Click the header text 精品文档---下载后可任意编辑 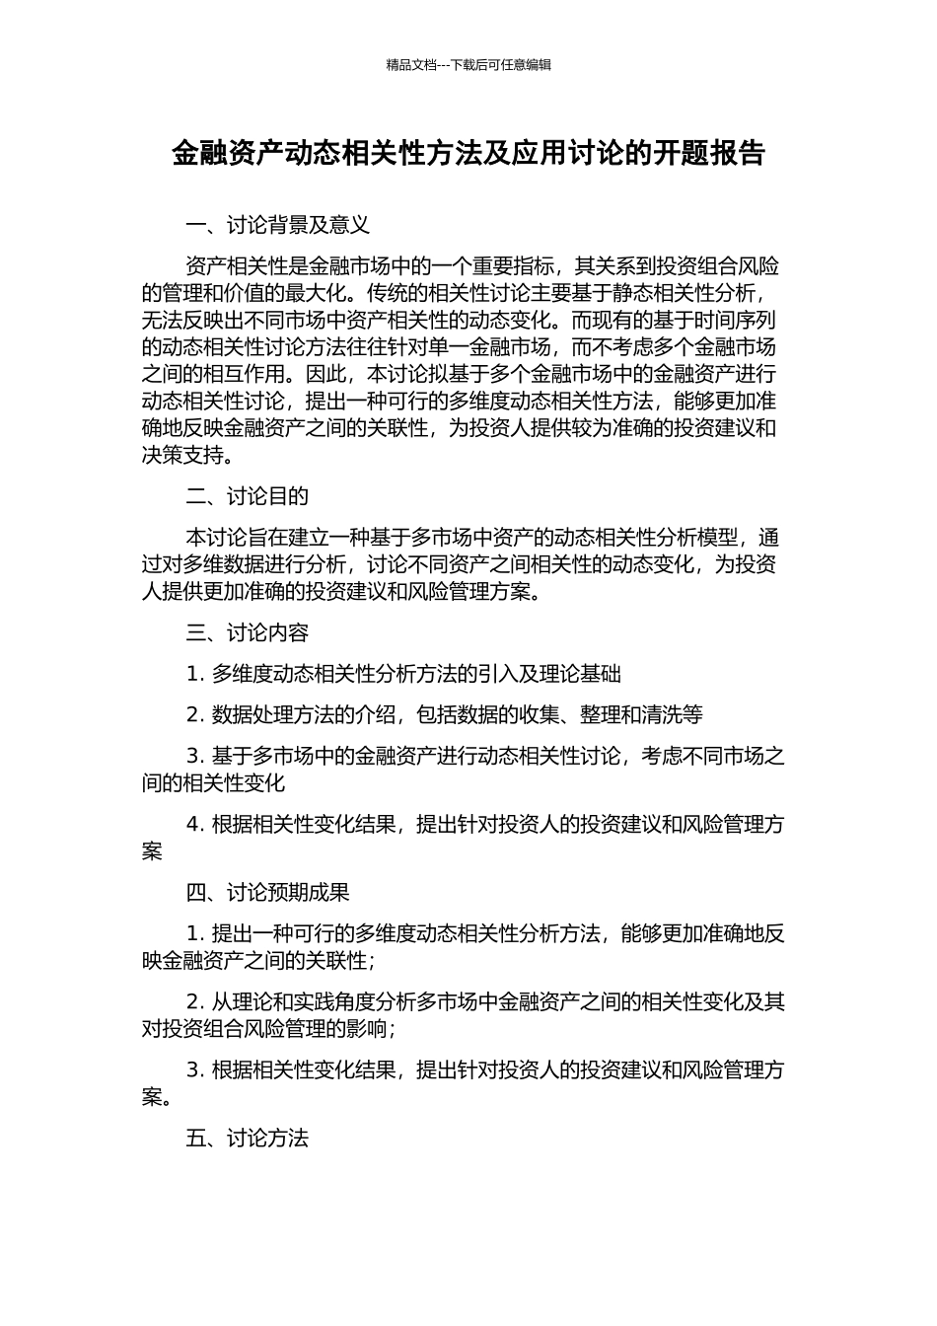468,65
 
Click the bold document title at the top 468,154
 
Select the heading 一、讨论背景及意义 277,225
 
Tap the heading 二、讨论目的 247,496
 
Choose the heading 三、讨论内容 247,632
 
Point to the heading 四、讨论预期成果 267,893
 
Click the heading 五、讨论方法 247,1139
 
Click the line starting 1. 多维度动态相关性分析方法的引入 403,674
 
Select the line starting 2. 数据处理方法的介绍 444,715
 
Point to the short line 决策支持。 188,456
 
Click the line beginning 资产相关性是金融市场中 482,266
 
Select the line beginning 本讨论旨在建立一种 482,538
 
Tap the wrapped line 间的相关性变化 213,783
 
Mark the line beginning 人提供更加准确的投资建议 341,592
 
